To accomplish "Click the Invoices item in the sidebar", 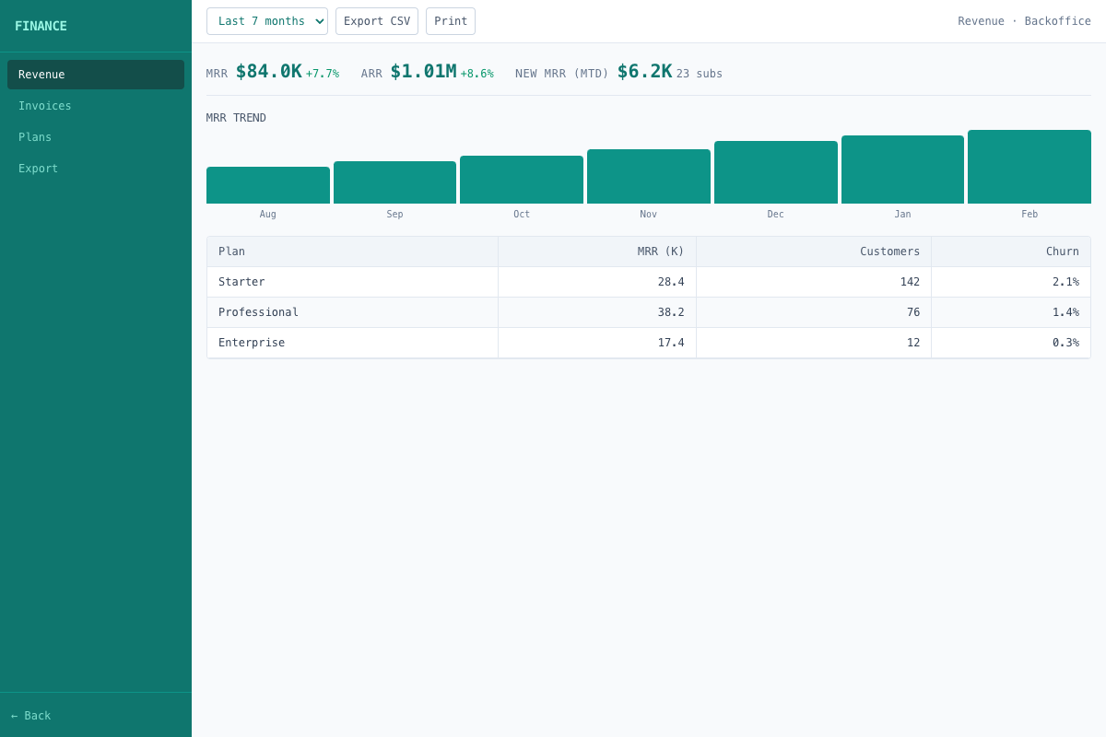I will [x=45, y=106].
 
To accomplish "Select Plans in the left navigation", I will [x=35, y=137].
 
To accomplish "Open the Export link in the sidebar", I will [x=39, y=169].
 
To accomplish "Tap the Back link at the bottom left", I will [x=31, y=716].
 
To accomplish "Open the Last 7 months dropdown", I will [x=267, y=21].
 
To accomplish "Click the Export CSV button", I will [x=377, y=21].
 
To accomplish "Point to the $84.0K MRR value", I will [x=268, y=72].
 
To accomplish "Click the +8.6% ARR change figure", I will [x=477, y=74].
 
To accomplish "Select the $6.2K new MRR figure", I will [x=644, y=72].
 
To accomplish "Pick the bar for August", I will [x=268, y=185].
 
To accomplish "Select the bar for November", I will [x=649, y=177].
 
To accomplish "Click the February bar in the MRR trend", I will [x=1030, y=167].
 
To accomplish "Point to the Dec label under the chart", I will [x=776, y=215].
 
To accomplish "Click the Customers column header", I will [x=889, y=252].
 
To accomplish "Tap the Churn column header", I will [x=1062, y=252].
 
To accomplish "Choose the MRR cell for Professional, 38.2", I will [x=671, y=312].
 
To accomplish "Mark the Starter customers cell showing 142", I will [x=910, y=282].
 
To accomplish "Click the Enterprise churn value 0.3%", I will [x=1065, y=343].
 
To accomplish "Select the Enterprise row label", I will [x=252, y=343].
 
